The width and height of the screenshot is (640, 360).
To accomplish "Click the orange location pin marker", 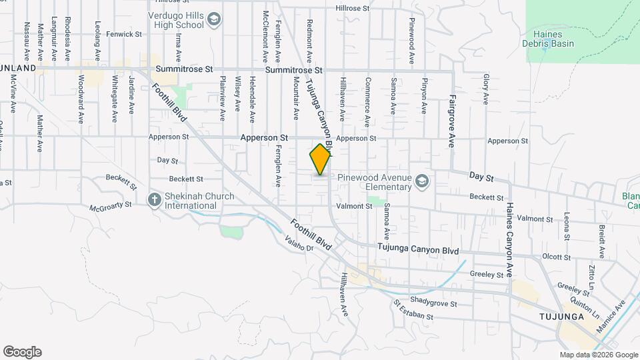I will pyautogui.click(x=321, y=159).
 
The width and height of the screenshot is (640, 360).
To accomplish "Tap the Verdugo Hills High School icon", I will pyautogui.click(x=213, y=20).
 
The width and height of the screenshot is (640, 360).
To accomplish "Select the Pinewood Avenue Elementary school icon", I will pyautogui.click(x=421, y=181).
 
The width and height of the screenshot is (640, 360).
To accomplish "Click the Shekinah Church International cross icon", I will pyautogui.click(x=155, y=201).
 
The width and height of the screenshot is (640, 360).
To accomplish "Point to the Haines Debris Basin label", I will pyautogui.click(x=553, y=39).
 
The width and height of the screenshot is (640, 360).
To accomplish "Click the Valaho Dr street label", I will pyautogui.click(x=299, y=243).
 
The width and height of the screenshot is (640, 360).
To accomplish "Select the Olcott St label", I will pyautogui.click(x=556, y=256).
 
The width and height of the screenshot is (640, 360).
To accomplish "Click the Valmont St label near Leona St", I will pyautogui.click(x=531, y=219).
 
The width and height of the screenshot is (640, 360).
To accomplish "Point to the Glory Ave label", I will pyautogui.click(x=486, y=89).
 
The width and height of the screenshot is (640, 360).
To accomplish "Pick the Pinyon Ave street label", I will pyautogui.click(x=423, y=95).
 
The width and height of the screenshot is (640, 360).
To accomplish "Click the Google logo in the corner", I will pyautogui.click(x=22, y=352).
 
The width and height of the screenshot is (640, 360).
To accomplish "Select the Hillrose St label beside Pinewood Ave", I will pyautogui.click(x=353, y=8).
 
